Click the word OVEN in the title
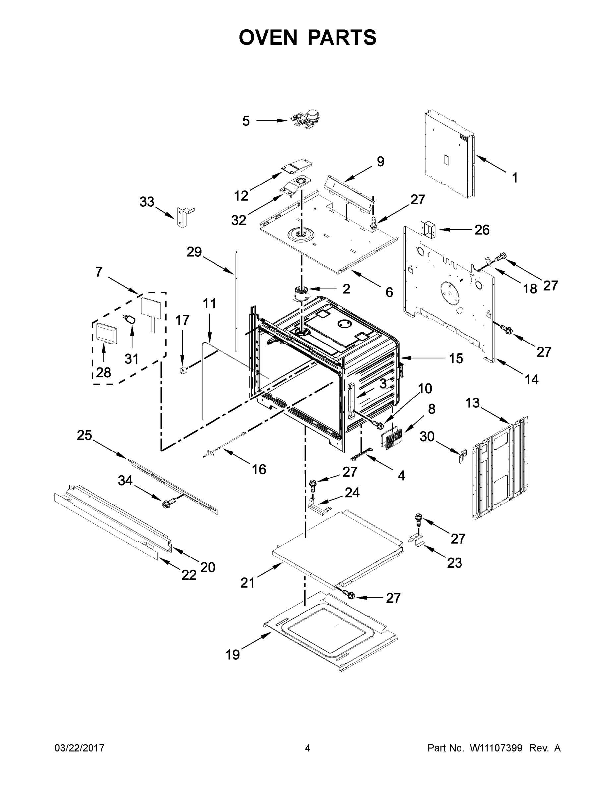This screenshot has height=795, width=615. pos(268,37)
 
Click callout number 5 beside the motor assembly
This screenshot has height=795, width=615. pos(246,121)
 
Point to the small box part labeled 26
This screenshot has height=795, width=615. pos(428,228)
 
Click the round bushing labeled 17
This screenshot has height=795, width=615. pos(183,370)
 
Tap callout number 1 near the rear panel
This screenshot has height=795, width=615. pos(515,178)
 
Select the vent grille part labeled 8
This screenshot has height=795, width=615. pos(391,439)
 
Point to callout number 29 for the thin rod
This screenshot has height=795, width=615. pos(194,251)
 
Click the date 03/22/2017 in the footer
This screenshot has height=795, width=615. pos(80,748)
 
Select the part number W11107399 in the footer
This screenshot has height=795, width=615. pos(496,748)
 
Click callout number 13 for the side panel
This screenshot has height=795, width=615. pos(472,403)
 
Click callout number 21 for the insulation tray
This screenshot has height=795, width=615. pos(247,583)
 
